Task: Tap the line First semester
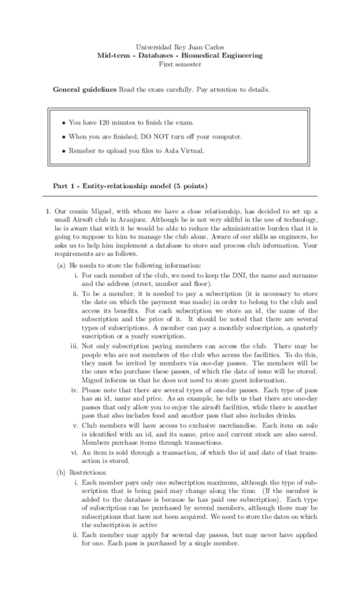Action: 180,64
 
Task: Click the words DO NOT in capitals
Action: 158,136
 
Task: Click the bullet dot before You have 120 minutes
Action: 64,122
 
